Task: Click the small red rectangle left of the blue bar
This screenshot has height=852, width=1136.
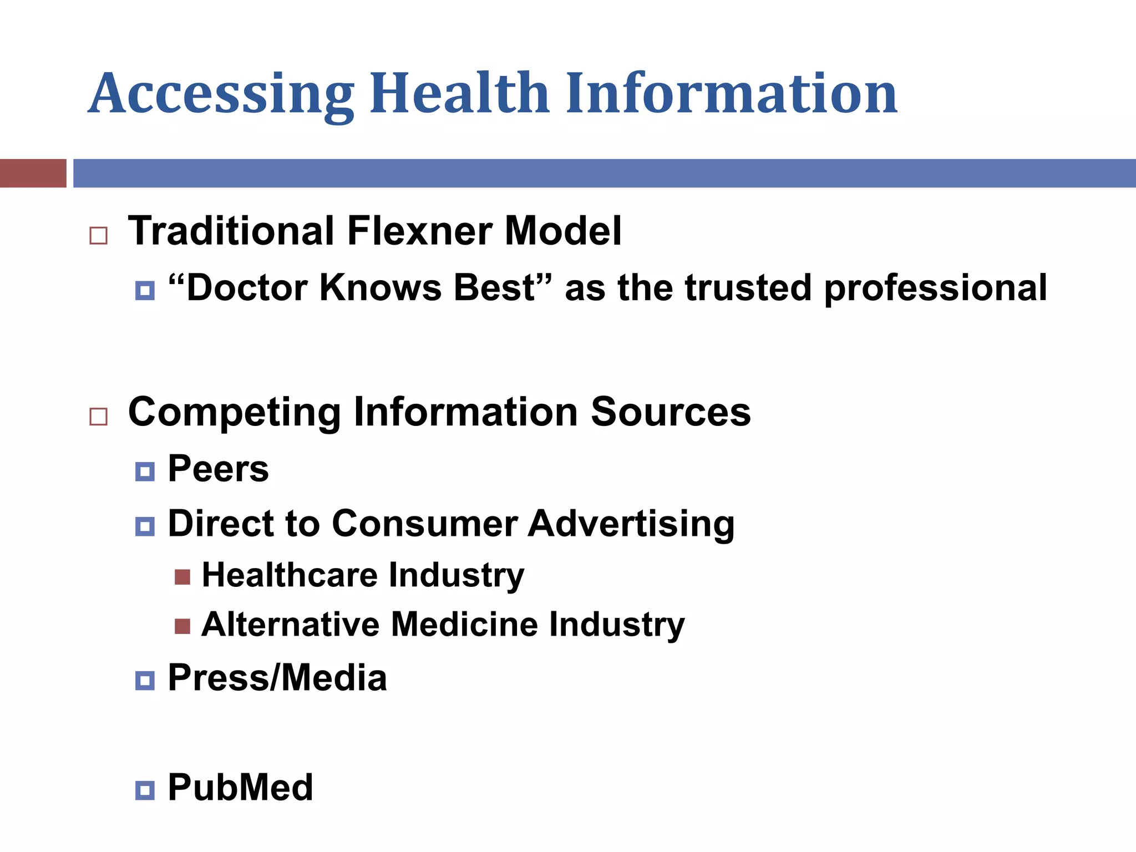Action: point(33,173)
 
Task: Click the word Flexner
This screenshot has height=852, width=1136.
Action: point(419,231)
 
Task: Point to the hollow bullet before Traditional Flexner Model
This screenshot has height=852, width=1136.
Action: point(98,236)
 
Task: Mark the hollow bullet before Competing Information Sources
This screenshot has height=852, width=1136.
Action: point(98,416)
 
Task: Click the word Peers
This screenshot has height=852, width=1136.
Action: point(218,469)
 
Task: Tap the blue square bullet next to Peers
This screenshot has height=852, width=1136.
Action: point(145,472)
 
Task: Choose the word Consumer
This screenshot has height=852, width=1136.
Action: point(424,524)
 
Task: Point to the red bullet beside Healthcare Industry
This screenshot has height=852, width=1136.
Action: point(182,577)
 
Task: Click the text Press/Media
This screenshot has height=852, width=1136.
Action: point(277,678)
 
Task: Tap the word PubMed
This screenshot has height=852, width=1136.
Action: point(240,788)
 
